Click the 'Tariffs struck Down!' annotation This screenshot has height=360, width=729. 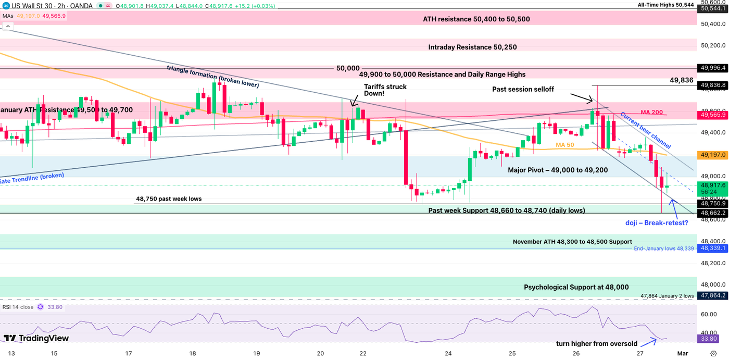coord(385,90)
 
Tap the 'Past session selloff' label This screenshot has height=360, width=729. coord(527,90)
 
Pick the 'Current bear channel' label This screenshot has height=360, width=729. coord(645,131)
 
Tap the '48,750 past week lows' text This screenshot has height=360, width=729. coord(169,199)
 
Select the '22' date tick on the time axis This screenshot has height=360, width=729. coord(363,353)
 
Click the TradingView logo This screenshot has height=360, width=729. coord(36,338)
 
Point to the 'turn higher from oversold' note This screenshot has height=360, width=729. coord(596,344)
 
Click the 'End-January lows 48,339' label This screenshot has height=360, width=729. coord(663,249)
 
